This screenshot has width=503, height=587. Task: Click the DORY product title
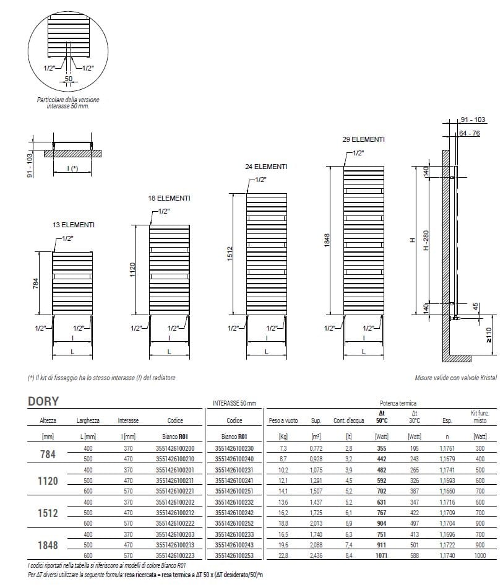point(43,401)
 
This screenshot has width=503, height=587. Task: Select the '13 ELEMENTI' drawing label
point(74,225)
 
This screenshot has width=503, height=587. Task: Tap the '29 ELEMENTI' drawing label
point(363,139)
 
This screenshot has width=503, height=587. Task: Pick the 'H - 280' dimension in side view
point(425,240)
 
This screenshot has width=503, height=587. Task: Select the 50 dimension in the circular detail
point(69,79)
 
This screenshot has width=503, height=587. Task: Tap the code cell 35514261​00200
point(175,448)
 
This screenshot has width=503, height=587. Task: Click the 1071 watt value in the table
point(380,555)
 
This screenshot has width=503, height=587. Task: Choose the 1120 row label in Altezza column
point(48,480)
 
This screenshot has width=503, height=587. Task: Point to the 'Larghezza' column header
point(88,420)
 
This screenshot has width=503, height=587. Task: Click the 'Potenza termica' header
point(400,403)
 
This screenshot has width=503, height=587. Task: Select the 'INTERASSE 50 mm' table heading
point(233,403)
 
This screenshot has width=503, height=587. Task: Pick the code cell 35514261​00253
point(234,555)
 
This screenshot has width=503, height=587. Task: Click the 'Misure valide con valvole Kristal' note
point(455,377)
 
